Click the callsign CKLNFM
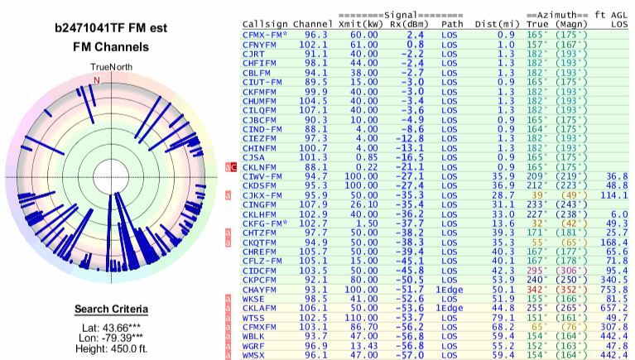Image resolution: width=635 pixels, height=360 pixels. (259, 166)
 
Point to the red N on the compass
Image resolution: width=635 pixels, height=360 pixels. (97, 80)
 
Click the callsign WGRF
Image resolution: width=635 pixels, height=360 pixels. (254, 346)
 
